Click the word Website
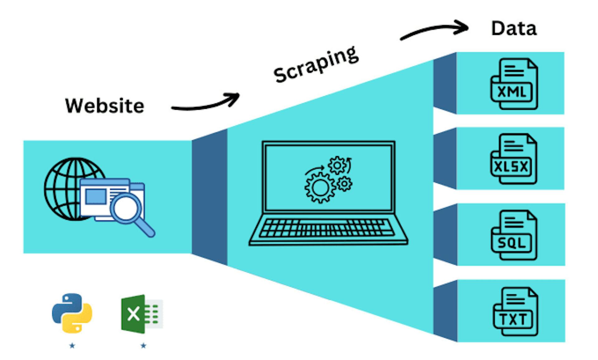click(105, 106)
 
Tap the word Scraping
click(316, 65)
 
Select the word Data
click(514, 28)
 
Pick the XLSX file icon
click(514, 159)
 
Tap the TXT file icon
click(516, 311)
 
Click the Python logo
click(72, 313)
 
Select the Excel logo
click(142, 314)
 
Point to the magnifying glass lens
click(126, 208)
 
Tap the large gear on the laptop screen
click(320, 188)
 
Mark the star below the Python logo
click(72, 345)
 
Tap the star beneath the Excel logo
click(143, 345)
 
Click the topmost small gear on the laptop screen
click(337, 165)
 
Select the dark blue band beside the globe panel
click(209, 197)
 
